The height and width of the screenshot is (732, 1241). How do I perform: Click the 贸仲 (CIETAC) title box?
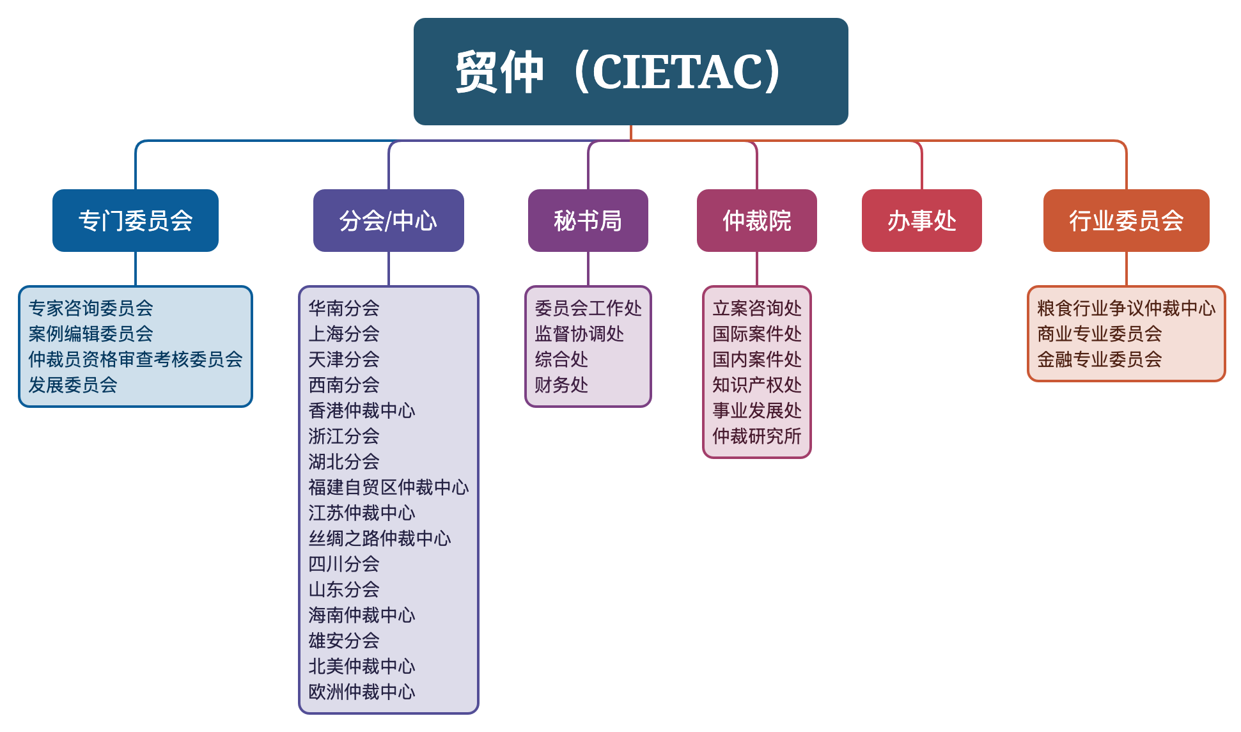tap(630, 72)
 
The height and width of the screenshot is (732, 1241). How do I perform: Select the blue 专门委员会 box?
tap(136, 221)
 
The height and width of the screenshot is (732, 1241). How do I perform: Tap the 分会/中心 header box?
tap(389, 221)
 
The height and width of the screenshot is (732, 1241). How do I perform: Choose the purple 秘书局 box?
tap(588, 221)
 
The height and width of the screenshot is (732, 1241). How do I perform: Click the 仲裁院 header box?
tap(757, 221)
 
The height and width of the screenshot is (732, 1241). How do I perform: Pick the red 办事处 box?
tap(922, 221)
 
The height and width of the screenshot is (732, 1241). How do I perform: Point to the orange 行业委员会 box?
tap(1127, 221)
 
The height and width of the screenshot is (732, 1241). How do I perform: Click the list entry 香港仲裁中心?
tap(362, 410)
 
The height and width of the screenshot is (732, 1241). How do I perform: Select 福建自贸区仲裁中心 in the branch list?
tap(389, 487)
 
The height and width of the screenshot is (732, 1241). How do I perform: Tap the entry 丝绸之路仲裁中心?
tap(380, 538)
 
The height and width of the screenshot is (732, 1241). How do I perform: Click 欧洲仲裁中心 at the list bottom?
tap(362, 692)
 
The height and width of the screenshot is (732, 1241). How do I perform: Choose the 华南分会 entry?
tap(344, 308)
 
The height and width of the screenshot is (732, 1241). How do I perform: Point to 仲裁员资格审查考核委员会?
tap(136, 359)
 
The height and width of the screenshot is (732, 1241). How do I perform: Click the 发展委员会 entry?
tap(73, 385)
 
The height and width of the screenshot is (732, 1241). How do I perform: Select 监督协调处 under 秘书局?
tap(579, 334)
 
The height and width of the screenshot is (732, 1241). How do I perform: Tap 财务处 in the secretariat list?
tap(561, 385)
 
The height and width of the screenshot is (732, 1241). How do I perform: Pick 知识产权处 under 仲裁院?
tap(757, 385)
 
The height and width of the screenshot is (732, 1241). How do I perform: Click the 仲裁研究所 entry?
tap(757, 436)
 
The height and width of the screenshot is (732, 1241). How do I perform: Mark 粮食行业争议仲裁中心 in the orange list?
tap(1127, 308)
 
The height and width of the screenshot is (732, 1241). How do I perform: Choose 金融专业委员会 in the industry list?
tap(1100, 359)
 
